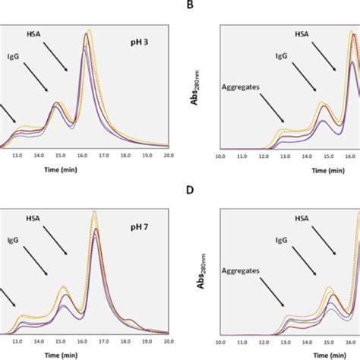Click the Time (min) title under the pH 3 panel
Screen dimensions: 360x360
click(87, 166)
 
